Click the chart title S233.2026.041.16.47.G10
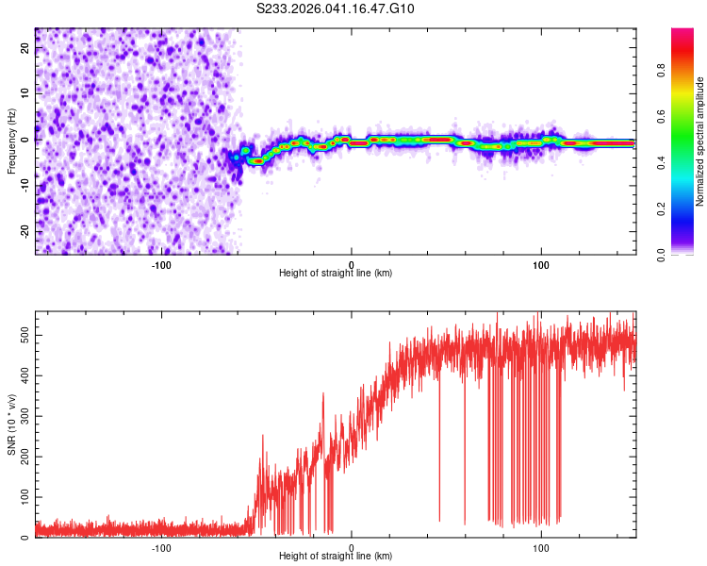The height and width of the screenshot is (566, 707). click(x=337, y=8)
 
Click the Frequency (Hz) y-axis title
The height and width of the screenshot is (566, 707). click(x=11, y=141)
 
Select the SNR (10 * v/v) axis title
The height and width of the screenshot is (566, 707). click(x=11, y=424)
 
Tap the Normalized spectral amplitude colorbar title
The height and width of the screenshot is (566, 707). click(x=700, y=142)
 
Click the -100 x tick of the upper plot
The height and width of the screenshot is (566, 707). click(x=161, y=265)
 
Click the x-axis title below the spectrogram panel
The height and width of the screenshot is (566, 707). click(x=336, y=274)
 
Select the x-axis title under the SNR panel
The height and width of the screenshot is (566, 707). click(x=336, y=557)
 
